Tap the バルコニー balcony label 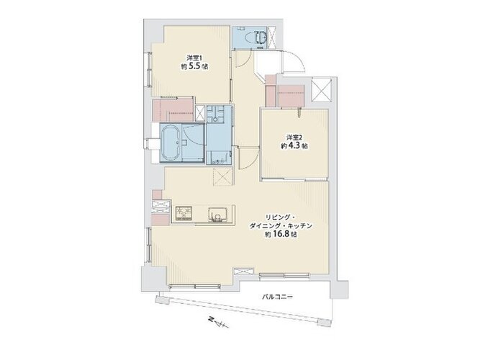(277, 297)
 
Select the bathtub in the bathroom (171, 143)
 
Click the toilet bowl (261, 37)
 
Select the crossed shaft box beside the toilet (272, 37)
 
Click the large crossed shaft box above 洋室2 (321, 90)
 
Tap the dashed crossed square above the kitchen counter (223, 176)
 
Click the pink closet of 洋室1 (173, 109)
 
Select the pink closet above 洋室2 (291, 96)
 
